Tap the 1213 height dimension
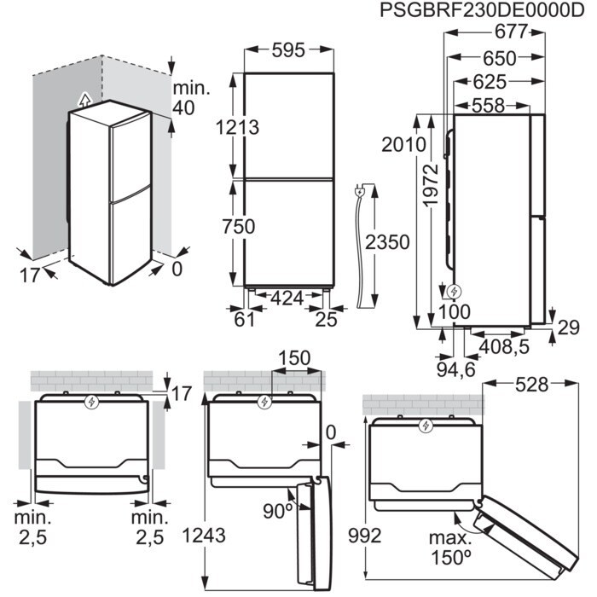[238, 126]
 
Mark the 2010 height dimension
[404, 144]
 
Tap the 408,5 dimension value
[500, 348]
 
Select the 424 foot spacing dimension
[287, 299]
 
